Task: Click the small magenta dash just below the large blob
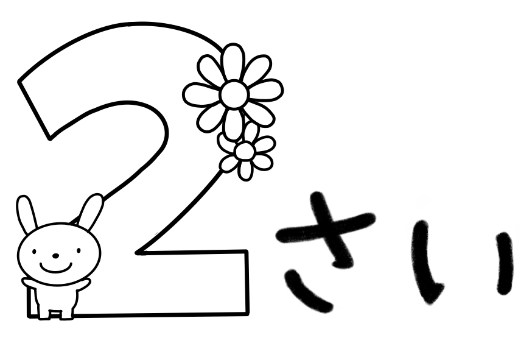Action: (x=432, y=235)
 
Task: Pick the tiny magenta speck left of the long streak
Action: (x=495, y=231)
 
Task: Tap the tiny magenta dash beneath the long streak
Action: (x=515, y=268)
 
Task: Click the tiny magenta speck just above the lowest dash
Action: (x=449, y=284)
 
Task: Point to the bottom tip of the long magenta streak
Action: (x=517, y=252)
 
